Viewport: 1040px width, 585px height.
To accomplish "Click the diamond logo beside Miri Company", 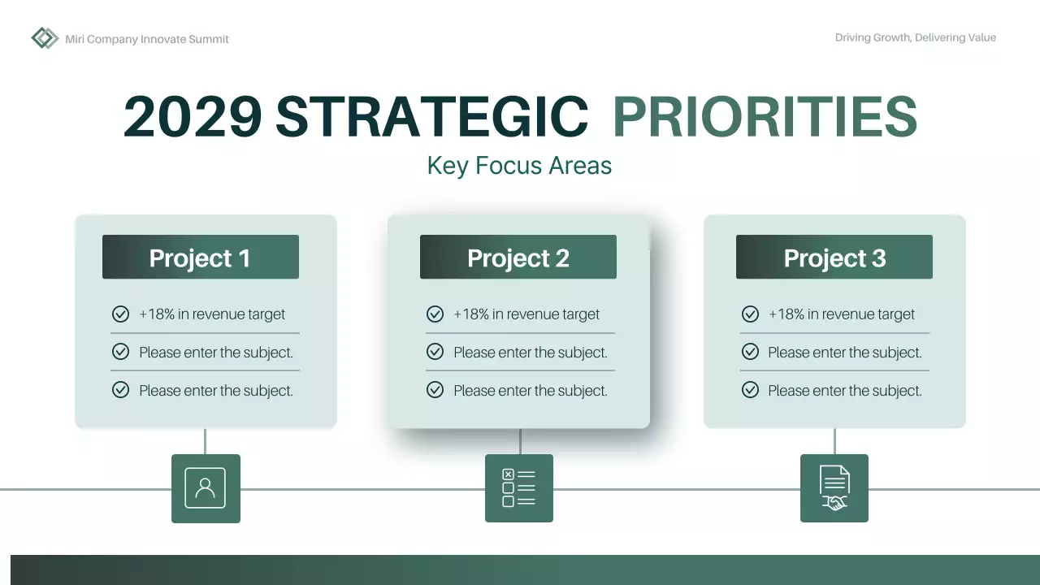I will coord(45,38).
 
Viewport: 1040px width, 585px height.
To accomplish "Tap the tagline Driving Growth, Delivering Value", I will coord(915,37).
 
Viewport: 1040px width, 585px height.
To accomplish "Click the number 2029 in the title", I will coord(193,117).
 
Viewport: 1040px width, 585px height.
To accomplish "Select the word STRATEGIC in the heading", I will coord(431,117).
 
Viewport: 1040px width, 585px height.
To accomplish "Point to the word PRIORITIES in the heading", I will coord(765,117).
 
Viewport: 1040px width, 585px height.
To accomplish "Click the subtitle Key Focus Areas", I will coord(519,166).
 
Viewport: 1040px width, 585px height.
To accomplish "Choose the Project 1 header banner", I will coord(200,258).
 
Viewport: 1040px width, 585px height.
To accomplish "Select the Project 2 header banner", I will coord(518,258).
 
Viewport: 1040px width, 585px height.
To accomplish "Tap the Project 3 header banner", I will coord(834,258).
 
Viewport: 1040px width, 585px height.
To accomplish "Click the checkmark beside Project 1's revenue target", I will coord(120,314).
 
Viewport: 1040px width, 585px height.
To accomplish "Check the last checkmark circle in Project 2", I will coord(435,390).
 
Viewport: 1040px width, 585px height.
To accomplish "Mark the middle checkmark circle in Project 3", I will coord(750,352).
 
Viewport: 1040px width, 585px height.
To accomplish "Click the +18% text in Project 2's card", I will coord(470,314).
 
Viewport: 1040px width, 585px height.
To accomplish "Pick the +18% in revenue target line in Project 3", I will coord(841,314).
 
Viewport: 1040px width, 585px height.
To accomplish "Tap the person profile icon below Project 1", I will coord(206,488).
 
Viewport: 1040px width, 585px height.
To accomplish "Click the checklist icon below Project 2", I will coord(518,488).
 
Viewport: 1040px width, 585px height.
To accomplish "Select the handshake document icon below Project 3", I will coord(834,488).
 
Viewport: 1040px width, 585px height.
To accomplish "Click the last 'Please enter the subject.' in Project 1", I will coord(215,391).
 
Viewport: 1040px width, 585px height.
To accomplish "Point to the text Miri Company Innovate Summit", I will coord(147,39).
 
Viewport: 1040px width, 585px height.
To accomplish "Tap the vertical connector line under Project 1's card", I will coord(205,441).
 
